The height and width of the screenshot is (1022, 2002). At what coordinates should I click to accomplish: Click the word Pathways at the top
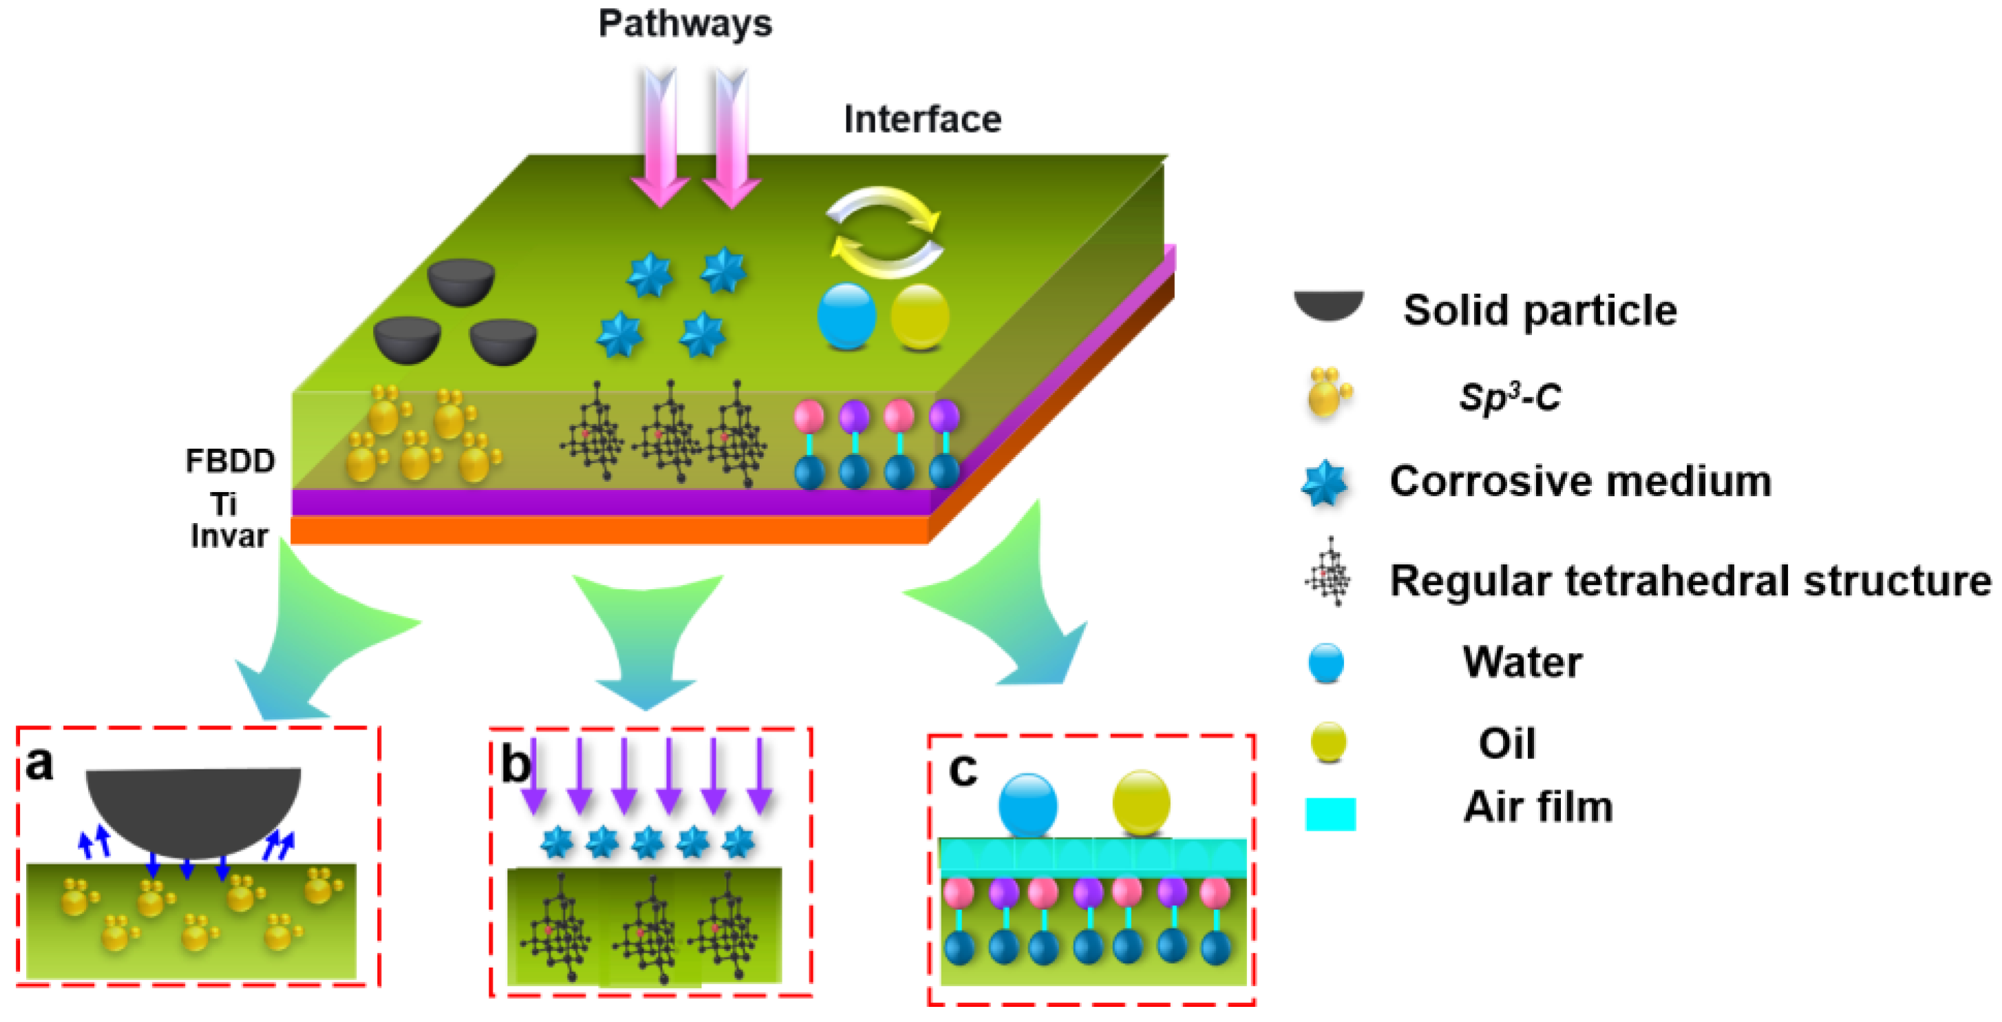[x=685, y=23]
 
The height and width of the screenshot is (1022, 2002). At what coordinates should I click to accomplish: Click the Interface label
[x=922, y=120]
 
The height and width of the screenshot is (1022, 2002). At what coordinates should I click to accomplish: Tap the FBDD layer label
[x=230, y=461]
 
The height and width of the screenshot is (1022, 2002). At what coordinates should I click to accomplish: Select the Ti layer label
[x=224, y=504]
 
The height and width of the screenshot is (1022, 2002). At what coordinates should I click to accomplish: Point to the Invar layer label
[x=229, y=536]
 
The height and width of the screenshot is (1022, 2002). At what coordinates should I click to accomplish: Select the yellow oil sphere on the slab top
[x=919, y=317]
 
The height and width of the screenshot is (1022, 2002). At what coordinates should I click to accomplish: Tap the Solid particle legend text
[x=1540, y=310]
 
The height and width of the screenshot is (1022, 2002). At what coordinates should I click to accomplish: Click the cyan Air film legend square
[x=1330, y=813]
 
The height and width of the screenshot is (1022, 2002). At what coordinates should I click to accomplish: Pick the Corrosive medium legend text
[x=1580, y=481]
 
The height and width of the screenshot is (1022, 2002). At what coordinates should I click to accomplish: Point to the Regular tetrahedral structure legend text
[x=1690, y=581]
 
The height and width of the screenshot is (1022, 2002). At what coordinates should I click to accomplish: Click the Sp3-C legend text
[x=1509, y=397]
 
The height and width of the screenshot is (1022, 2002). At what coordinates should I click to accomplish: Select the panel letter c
[x=963, y=769]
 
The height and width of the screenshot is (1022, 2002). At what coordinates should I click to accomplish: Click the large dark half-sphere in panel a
[x=193, y=808]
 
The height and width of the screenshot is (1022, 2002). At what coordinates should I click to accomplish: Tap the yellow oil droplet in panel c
[x=1141, y=803]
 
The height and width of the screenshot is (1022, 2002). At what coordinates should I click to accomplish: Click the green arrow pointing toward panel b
[x=647, y=637]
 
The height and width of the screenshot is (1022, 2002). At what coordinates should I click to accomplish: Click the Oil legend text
[x=1506, y=743]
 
